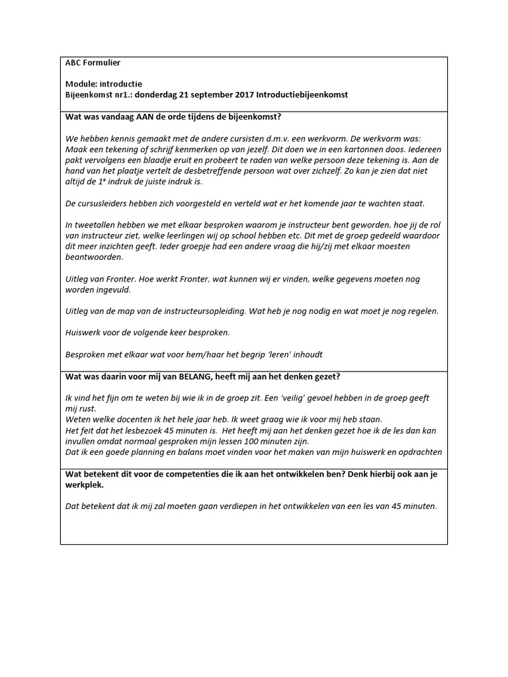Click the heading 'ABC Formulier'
coord(93,63)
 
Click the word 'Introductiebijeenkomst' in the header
coord(294,95)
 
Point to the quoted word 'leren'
coord(265,354)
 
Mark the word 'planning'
coord(154,452)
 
